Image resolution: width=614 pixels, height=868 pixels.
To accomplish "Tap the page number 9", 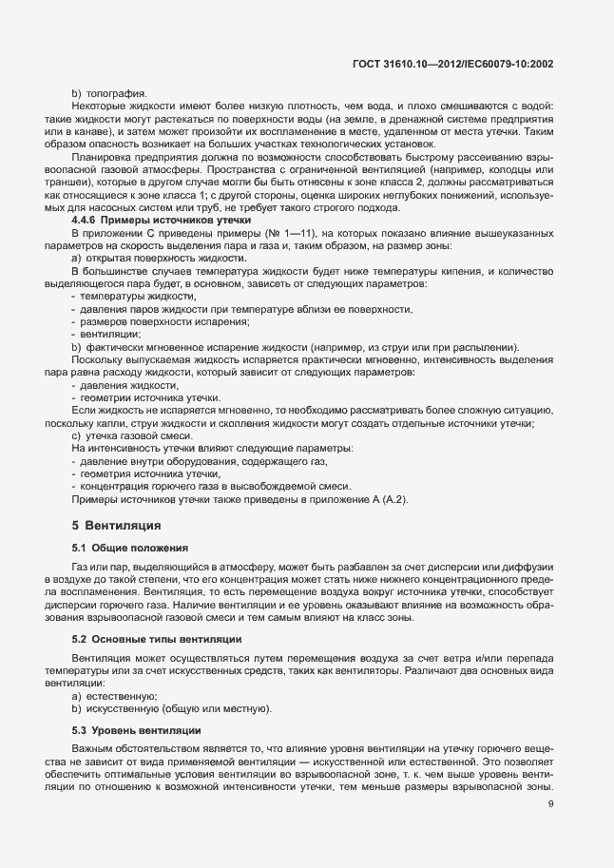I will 551,804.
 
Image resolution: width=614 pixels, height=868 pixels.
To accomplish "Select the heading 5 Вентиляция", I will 116,525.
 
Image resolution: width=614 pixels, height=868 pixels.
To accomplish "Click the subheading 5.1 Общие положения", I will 130,549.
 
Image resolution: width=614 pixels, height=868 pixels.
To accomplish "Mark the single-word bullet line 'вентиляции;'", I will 108,334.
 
